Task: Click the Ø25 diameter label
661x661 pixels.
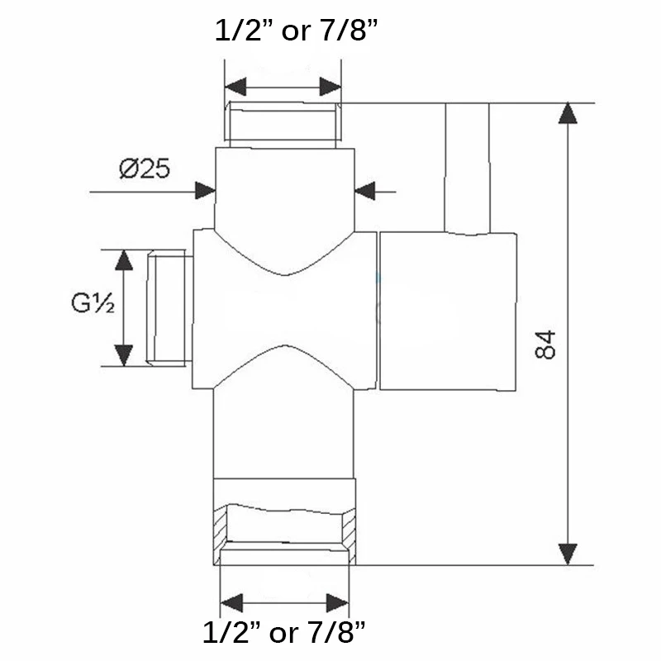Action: tap(144, 169)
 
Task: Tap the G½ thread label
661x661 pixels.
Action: tap(93, 302)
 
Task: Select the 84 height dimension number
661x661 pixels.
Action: tap(545, 345)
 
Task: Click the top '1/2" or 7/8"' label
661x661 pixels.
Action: tap(296, 31)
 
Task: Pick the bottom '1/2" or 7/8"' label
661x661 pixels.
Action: tap(283, 632)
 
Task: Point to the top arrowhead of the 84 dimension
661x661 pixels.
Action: tap(568, 113)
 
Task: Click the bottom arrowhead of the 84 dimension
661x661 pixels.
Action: tap(568, 554)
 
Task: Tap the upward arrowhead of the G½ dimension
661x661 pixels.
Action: tap(123, 259)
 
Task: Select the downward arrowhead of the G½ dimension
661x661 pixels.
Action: tap(123, 355)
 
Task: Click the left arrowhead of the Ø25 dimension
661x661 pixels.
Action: tap(205, 191)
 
